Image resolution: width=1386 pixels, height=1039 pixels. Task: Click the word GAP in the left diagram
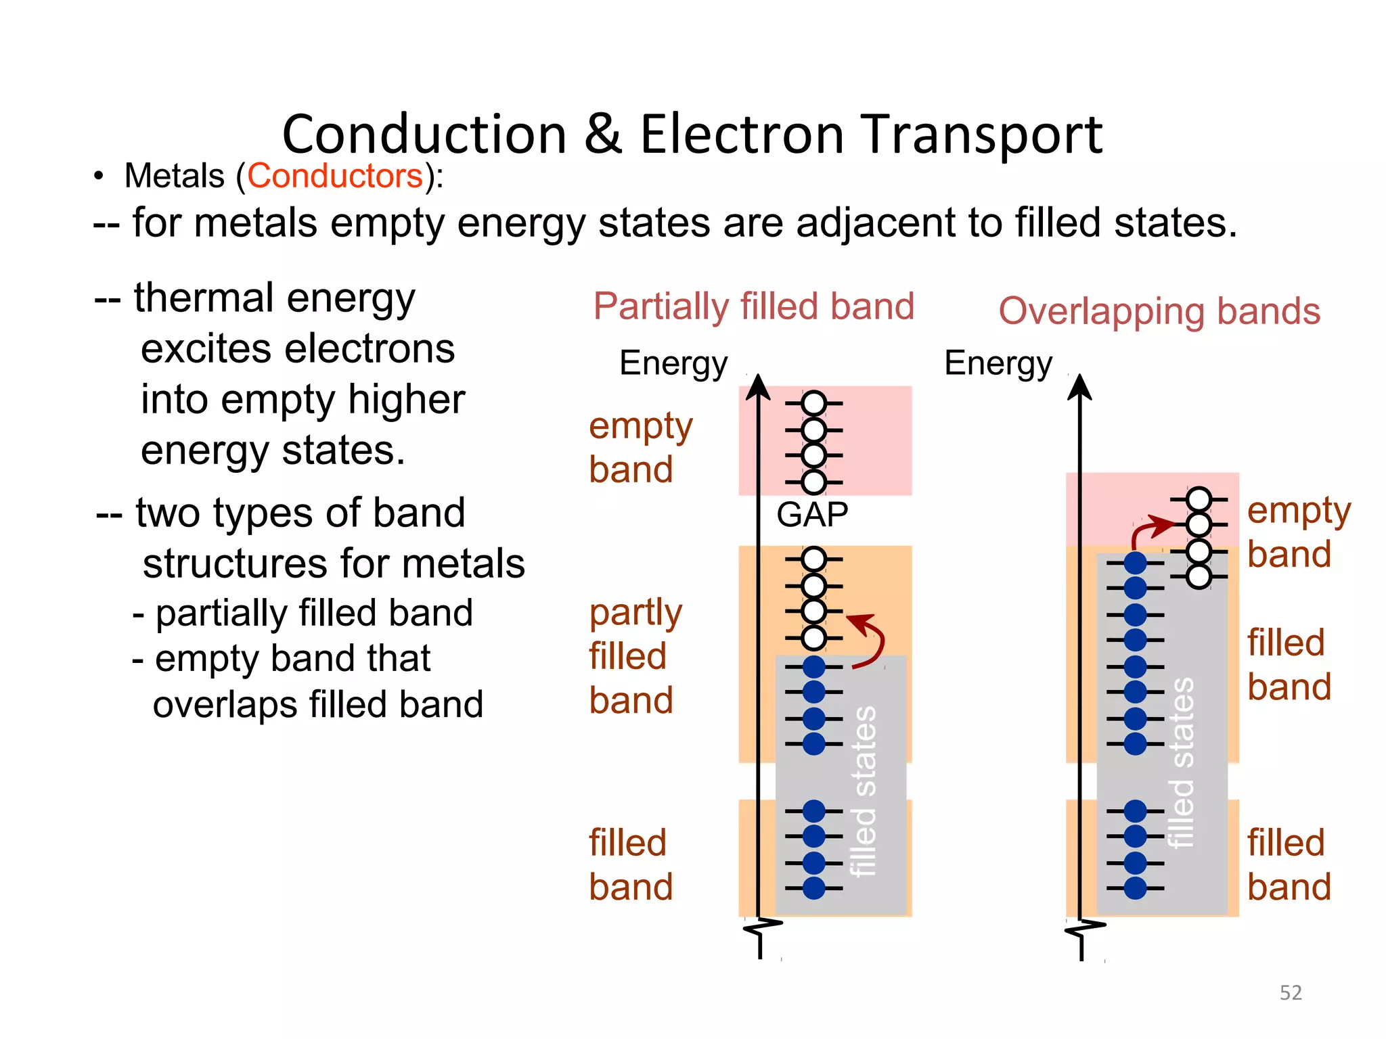point(812,515)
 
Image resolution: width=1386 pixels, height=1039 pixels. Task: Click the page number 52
point(1291,992)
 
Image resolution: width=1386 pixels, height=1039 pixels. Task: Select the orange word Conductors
point(335,176)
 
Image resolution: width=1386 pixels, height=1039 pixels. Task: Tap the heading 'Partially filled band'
point(754,306)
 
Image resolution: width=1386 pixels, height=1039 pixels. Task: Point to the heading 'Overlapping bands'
point(1159,311)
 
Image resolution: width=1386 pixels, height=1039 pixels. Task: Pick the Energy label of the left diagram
point(673,363)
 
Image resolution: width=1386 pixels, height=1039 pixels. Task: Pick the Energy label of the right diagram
point(998,363)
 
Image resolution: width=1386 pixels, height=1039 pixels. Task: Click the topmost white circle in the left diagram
point(814,403)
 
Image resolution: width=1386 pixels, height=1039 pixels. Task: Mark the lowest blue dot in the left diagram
point(814,887)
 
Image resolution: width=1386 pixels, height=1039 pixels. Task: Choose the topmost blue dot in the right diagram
point(1136,563)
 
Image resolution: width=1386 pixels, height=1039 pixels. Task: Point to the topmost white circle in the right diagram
point(1199,499)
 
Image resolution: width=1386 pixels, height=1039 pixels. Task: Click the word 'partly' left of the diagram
point(635,614)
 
